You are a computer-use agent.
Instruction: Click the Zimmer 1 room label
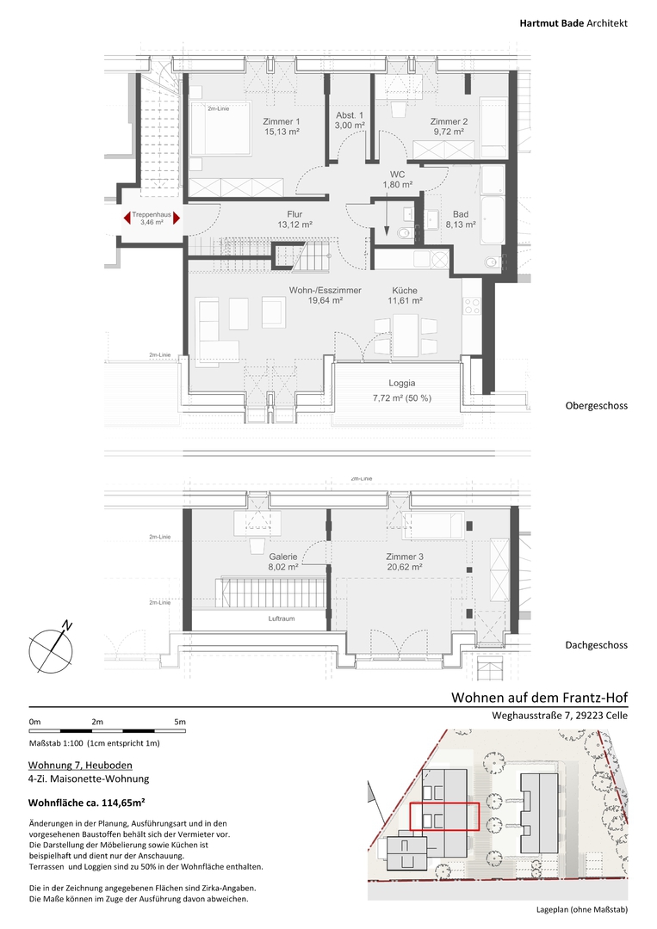(x=281, y=121)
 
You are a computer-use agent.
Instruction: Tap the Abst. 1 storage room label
(x=350, y=115)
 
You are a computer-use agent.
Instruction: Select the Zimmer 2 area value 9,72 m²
(x=449, y=132)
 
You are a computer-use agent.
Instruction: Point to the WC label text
(x=397, y=174)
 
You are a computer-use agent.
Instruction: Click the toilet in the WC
(x=405, y=233)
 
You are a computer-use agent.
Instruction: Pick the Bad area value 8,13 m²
(x=461, y=225)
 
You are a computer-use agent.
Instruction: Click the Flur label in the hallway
(x=294, y=214)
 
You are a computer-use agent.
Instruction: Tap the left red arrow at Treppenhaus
(x=127, y=218)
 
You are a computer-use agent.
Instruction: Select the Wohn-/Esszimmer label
(x=325, y=291)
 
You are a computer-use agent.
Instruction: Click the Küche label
(x=405, y=291)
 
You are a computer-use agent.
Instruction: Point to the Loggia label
(x=402, y=383)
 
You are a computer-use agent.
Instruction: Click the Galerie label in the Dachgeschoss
(x=282, y=557)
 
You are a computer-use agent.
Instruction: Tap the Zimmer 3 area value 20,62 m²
(x=405, y=567)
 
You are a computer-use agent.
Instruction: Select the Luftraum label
(x=282, y=618)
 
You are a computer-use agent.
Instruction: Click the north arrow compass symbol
(x=52, y=650)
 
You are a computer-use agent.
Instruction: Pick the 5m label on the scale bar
(x=180, y=722)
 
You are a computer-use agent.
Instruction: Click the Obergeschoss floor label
(x=597, y=406)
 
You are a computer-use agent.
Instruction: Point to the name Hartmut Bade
(x=551, y=23)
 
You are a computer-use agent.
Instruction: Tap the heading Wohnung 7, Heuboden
(x=81, y=766)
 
